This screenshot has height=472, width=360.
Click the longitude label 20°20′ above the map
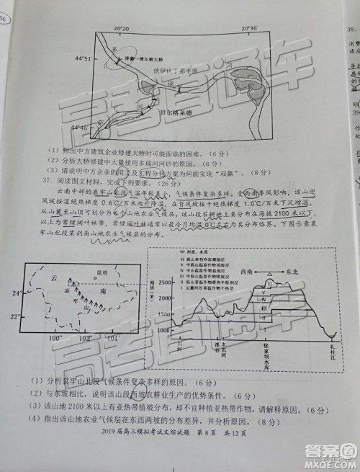tap(122, 27)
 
